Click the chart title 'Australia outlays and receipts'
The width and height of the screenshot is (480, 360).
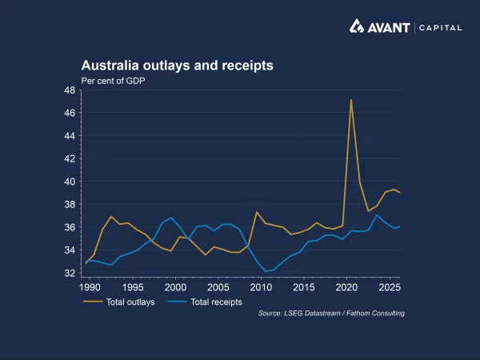click(x=177, y=66)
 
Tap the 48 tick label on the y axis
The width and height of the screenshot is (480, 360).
click(x=70, y=90)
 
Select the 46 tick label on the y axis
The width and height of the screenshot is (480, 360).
click(x=70, y=114)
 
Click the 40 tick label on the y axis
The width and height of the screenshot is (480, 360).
click(x=70, y=182)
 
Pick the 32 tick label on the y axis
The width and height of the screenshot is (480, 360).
click(x=70, y=273)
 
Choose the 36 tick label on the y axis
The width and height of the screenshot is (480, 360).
click(x=70, y=227)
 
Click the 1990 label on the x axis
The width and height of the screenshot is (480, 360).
click(x=90, y=286)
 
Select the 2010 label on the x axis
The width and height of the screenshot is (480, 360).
click(x=261, y=286)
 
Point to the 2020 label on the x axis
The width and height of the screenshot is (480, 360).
click(x=346, y=286)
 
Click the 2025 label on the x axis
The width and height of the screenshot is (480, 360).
click(x=389, y=286)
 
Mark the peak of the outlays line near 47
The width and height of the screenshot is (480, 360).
click(x=351, y=100)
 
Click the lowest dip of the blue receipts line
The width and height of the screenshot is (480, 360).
click(x=266, y=271)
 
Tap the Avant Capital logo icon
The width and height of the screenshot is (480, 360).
click(x=358, y=26)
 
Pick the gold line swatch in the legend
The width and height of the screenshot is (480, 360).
click(x=93, y=302)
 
